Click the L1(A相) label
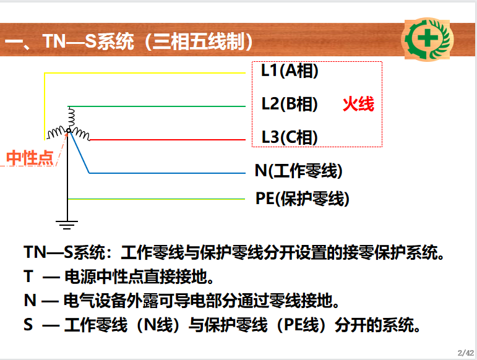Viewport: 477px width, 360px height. click(x=290, y=71)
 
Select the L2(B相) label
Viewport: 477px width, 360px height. click(x=290, y=104)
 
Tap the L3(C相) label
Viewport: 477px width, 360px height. click(x=290, y=137)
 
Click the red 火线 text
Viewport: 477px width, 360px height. click(x=358, y=104)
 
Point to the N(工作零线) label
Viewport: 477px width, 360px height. click(x=299, y=171)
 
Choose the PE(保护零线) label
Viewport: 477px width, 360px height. click(x=303, y=199)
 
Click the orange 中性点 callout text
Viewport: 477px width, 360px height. click(x=30, y=158)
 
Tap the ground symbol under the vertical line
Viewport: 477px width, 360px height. click(x=67, y=225)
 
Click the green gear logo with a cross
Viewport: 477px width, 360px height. click(x=428, y=39)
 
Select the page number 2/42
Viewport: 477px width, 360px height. click(x=465, y=353)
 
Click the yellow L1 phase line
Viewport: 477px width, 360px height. click(x=145, y=73)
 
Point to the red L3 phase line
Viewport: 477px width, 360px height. click(x=168, y=140)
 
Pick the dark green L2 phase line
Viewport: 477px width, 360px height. click(x=157, y=106)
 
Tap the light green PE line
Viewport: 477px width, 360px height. click(x=157, y=199)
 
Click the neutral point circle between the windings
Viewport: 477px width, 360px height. click(x=69, y=131)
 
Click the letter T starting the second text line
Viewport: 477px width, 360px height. click(x=28, y=276)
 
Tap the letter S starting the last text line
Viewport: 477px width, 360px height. click(x=28, y=324)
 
